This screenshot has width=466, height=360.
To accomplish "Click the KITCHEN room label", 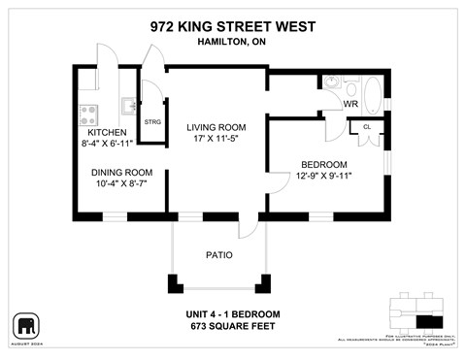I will [107, 132].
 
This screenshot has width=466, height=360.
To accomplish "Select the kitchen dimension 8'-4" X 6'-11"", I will [107, 144].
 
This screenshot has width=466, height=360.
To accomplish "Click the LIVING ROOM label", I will [210, 127].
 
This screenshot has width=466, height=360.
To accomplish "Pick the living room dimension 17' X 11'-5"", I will [210, 139].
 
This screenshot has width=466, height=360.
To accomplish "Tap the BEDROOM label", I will [323, 164].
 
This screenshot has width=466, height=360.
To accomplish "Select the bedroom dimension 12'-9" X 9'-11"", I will [323, 176].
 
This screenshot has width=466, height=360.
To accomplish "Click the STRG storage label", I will [152, 122].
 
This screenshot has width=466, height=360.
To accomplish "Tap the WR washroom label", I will [349, 103].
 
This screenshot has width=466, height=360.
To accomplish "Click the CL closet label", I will [367, 127].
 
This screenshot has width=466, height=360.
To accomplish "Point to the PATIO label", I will [217, 255].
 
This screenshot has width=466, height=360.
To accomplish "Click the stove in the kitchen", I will [86, 110].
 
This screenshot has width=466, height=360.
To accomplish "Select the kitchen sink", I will [127, 104].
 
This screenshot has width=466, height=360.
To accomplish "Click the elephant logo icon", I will [25, 324].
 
